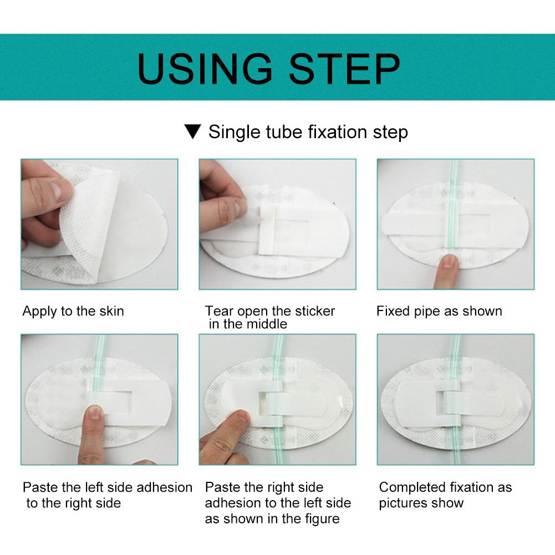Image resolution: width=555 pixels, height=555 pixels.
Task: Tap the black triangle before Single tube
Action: coord(192,132)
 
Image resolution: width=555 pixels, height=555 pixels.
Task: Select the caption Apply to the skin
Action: coord(73,311)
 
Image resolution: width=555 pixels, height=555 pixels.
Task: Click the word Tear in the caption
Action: coord(217,311)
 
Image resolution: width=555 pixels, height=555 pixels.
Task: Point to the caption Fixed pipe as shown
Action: coord(439,311)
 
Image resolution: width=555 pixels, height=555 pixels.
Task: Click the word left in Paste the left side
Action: coord(94,487)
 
